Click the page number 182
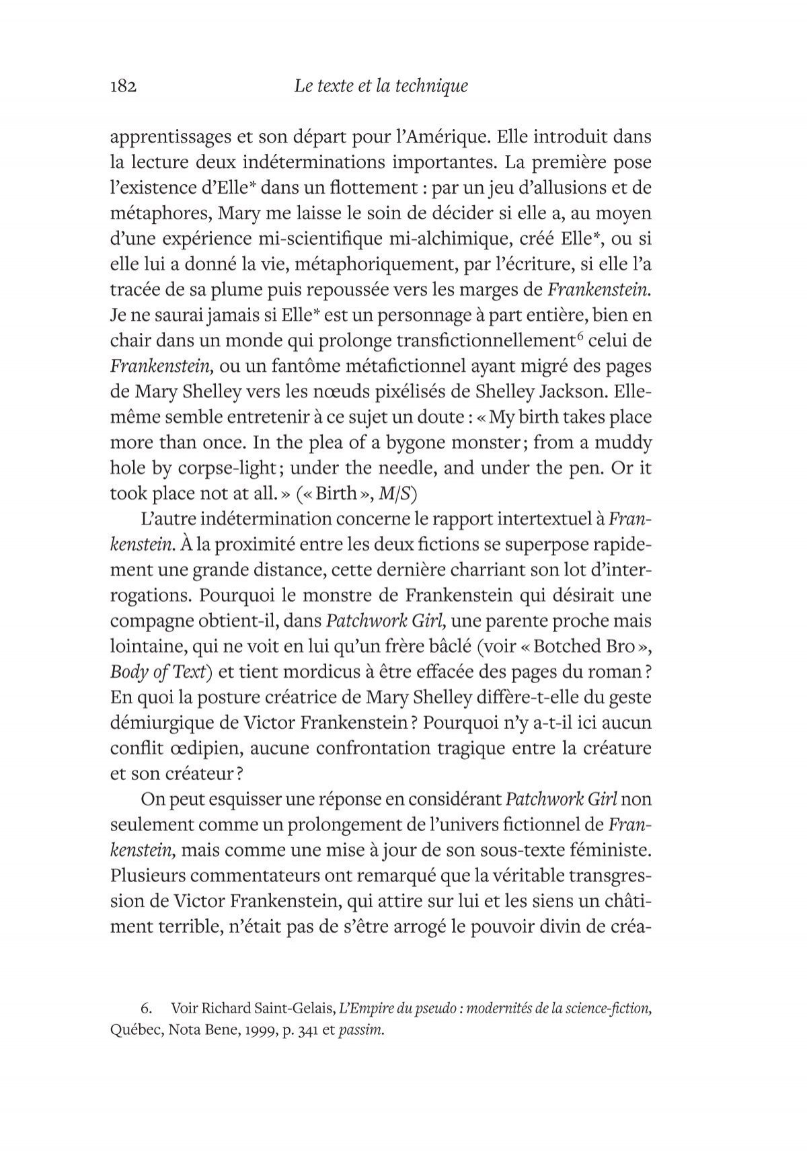click(123, 87)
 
